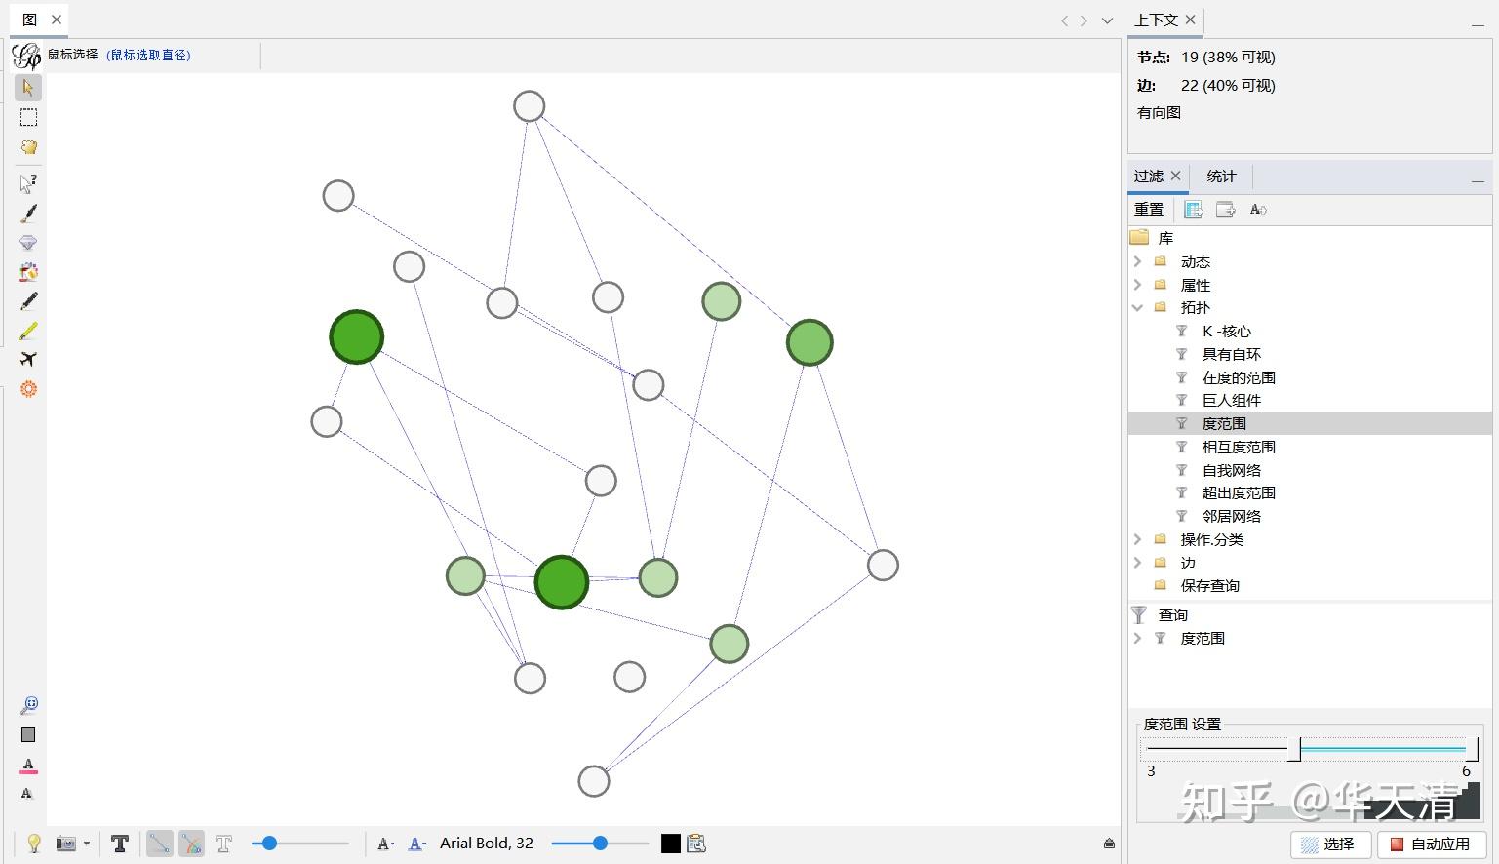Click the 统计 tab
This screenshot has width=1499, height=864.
click(1221, 177)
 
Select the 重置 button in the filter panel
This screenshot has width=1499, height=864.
click(1148, 210)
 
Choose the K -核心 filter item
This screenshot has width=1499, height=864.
click(1226, 332)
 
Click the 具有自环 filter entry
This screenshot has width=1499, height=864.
click(1232, 354)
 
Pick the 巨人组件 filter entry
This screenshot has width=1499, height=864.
click(1232, 400)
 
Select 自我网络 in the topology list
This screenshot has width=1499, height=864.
click(1232, 470)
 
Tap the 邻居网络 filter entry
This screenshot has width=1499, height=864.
click(1232, 516)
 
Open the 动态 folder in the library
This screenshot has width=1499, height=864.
click(1195, 261)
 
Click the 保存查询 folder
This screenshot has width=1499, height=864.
click(1210, 586)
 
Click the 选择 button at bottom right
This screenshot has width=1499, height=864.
click(1330, 844)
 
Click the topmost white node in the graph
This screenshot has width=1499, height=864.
click(530, 106)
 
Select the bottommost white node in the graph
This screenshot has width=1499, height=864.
click(594, 781)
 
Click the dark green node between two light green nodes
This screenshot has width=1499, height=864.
click(562, 581)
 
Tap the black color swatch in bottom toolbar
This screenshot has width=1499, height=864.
click(671, 844)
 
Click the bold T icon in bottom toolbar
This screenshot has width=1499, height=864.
click(120, 844)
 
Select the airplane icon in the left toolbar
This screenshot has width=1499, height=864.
click(28, 360)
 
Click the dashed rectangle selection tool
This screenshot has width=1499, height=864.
click(28, 117)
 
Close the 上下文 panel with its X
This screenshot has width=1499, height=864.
click(1191, 20)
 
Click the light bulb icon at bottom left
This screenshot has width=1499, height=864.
click(33, 844)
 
